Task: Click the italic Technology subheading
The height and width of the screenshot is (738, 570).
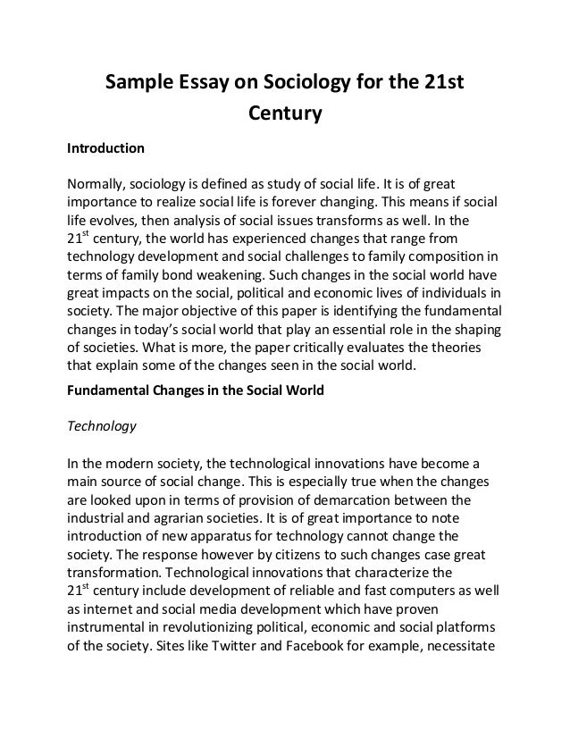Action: [102, 426]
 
